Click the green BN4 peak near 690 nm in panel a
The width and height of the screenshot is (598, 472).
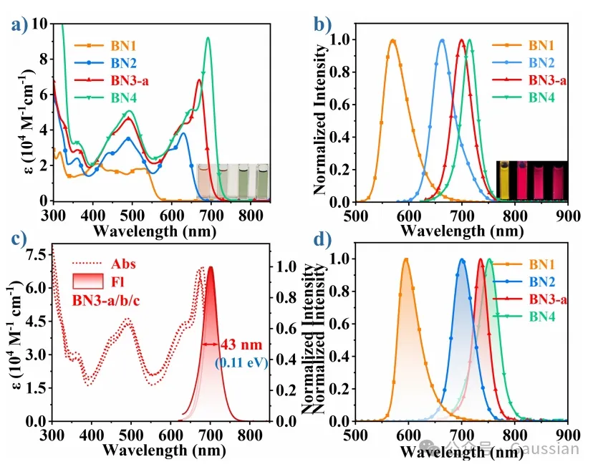(x=208, y=39)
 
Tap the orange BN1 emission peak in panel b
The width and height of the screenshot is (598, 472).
(x=392, y=41)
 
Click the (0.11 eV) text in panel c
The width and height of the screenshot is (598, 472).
(x=241, y=362)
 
